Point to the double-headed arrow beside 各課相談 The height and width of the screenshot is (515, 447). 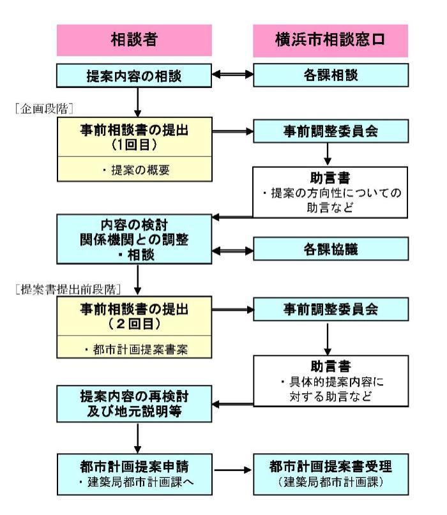[x=232, y=75]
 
